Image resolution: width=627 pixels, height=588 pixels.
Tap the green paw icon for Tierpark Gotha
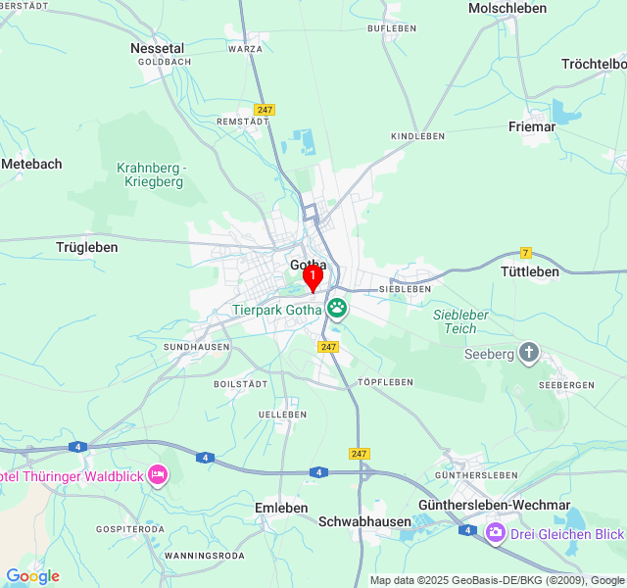(x=337, y=309)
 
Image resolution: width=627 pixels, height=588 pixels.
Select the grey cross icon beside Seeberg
(x=529, y=354)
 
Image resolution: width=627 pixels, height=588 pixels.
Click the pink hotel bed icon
(x=158, y=476)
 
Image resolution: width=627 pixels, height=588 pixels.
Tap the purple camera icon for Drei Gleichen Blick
(x=496, y=533)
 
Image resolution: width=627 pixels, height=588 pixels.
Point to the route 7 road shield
(x=526, y=253)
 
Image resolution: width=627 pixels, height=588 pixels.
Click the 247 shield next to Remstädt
(x=265, y=110)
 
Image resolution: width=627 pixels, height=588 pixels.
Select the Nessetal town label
(x=157, y=47)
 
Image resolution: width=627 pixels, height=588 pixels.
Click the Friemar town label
(x=532, y=126)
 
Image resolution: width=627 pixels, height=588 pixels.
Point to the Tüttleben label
(x=529, y=271)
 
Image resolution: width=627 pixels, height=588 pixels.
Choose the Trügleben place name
(x=87, y=247)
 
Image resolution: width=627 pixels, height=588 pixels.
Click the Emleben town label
(x=281, y=508)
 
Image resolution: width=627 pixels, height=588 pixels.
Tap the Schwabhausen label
(x=364, y=521)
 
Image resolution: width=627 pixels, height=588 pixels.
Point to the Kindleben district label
(x=417, y=136)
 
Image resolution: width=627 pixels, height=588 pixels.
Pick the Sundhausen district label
(x=197, y=347)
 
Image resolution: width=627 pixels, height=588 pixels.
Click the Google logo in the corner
(x=32, y=576)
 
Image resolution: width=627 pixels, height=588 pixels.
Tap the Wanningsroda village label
(x=205, y=556)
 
